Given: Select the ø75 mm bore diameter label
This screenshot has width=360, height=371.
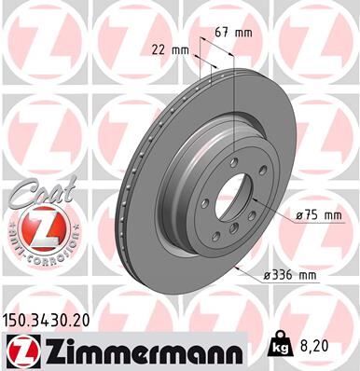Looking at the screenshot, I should tap(317, 214).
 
